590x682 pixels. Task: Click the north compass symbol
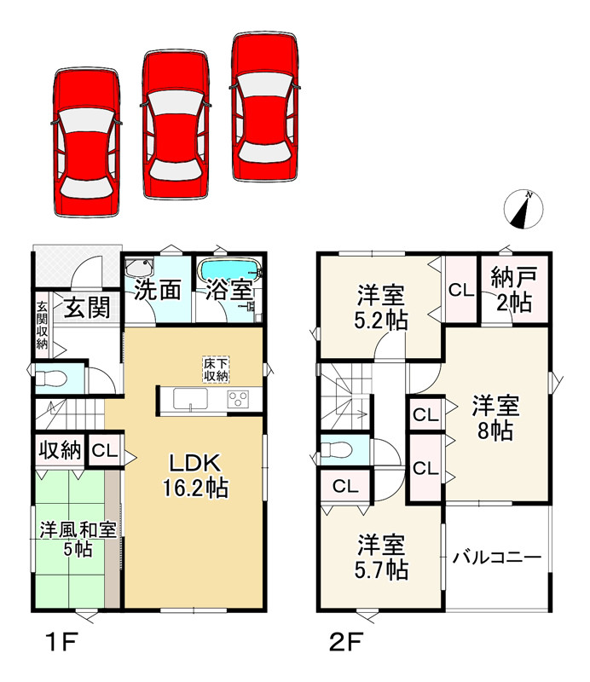coord(523,209)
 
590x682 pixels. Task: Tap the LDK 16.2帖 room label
coord(195,476)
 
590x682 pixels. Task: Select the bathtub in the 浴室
coord(228,270)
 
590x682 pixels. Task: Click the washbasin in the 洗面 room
coord(139,267)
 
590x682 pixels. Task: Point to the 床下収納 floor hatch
coord(216,370)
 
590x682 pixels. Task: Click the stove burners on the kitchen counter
coord(238,399)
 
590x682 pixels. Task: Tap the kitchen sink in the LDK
coord(191,399)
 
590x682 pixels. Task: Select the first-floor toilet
coord(51,379)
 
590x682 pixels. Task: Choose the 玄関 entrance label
coord(87,308)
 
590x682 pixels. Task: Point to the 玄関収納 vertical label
coord(42,325)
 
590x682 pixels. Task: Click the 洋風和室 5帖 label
coord(78,540)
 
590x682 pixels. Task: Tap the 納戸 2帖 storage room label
coord(514,290)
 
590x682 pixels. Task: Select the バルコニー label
coord(497,558)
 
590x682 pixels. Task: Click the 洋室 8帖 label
coord(495,418)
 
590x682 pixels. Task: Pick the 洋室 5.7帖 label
coord(381,558)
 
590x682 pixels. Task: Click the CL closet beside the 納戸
coord(461,290)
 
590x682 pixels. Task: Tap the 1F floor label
coord(61,642)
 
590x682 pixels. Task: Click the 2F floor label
coord(346,642)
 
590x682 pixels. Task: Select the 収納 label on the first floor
coord(61,450)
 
